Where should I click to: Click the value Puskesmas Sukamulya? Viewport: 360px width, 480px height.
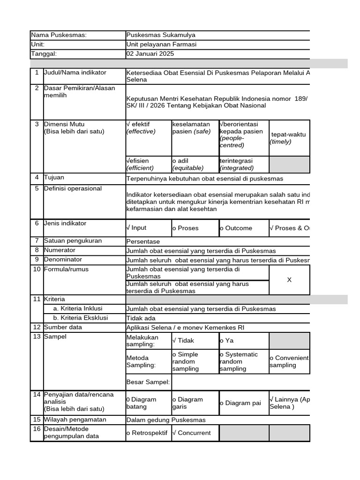click(161, 35)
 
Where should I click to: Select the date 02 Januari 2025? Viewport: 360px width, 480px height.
click(150, 54)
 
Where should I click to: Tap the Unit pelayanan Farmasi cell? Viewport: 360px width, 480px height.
click(161, 45)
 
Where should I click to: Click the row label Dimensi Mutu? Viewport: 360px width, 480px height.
click(61, 125)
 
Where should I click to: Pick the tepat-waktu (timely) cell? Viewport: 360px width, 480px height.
click(288, 138)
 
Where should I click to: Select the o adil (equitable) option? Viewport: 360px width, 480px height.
click(187, 165)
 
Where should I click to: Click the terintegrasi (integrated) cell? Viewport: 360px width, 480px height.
click(237, 165)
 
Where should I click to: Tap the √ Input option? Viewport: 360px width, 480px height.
click(136, 228)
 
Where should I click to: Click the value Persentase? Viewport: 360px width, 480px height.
click(143, 241)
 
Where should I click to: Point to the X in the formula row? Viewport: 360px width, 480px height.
click(289, 280)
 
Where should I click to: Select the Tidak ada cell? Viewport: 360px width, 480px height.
click(141, 318)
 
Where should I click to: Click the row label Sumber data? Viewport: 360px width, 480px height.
click(63, 327)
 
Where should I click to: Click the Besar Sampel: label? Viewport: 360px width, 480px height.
click(148, 382)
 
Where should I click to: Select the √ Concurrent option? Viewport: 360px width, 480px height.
click(192, 433)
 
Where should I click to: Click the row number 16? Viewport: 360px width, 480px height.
click(37, 429)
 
